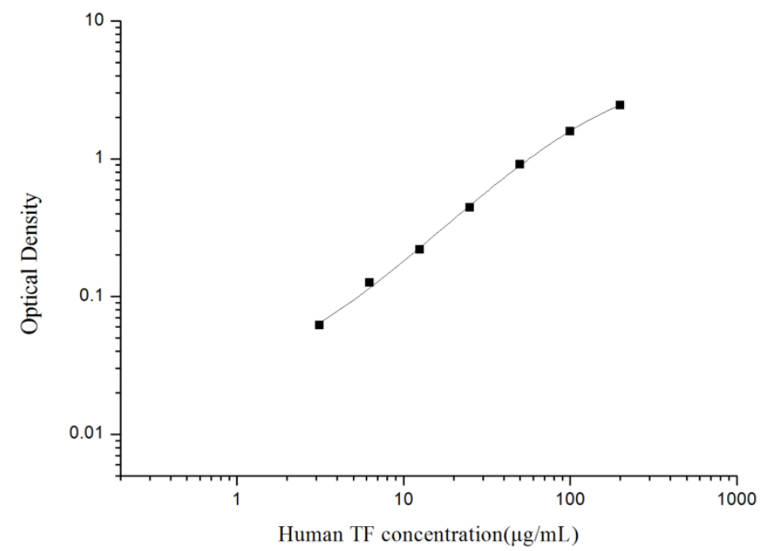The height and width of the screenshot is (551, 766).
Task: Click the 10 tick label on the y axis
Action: click(94, 21)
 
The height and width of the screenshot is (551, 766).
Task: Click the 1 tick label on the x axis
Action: click(237, 498)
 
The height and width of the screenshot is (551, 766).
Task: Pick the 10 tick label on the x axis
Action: click(403, 498)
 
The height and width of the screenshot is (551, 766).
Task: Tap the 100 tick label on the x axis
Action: click(570, 498)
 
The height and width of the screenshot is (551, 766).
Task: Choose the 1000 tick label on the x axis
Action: click(736, 498)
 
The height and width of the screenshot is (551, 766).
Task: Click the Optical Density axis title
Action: click(31, 263)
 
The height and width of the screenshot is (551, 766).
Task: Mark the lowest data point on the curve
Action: click(319, 324)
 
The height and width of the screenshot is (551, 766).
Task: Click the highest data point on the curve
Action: click(619, 105)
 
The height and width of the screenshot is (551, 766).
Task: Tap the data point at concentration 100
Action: click(570, 131)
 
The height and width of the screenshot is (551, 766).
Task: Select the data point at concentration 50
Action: click(520, 164)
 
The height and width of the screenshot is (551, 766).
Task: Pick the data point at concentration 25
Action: click(469, 207)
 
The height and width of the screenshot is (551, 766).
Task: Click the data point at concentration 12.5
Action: click(419, 249)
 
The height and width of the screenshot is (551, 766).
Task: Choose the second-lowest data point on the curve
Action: click(369, 282)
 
